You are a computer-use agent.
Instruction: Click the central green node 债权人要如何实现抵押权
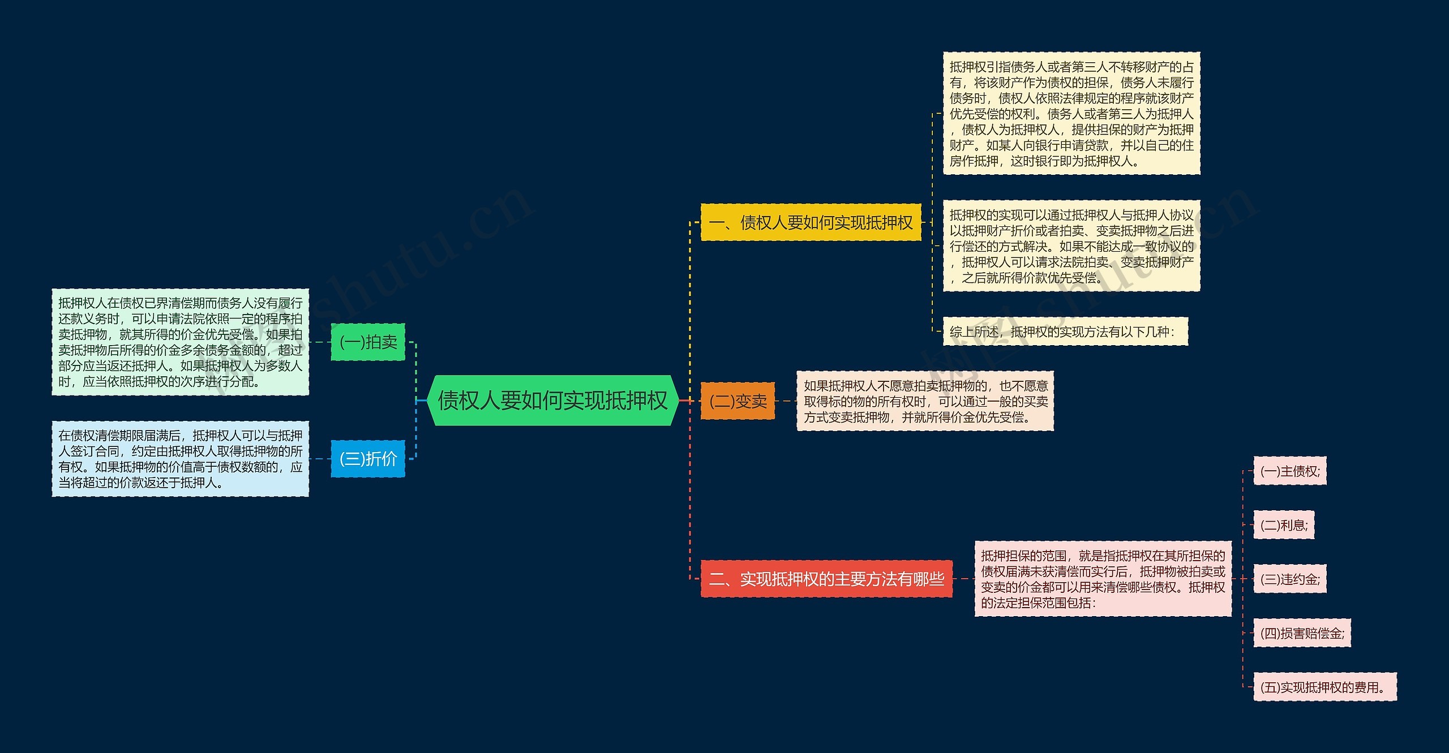552,401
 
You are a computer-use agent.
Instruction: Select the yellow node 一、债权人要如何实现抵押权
811,222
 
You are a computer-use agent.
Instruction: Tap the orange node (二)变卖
738,401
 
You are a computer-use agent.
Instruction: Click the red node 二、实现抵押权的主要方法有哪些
826,579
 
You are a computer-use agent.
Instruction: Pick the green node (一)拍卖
368,342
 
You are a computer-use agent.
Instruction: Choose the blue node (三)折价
368,458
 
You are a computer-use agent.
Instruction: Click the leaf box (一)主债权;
1289,471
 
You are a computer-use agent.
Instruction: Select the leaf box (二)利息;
1284,525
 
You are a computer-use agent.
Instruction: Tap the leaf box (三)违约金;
1289,579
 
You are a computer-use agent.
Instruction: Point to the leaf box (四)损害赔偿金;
1302,633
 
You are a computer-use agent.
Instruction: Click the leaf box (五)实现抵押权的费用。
1324,687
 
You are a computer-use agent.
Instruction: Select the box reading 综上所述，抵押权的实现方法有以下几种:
1065,332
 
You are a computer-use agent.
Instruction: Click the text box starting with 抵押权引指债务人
1071,113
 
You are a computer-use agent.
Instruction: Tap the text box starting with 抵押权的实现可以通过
1071,246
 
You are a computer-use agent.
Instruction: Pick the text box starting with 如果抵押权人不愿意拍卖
925,401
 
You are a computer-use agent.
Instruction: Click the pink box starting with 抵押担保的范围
1103,579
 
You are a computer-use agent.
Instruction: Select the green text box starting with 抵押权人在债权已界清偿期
180,342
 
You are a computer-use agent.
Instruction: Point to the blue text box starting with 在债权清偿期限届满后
180,458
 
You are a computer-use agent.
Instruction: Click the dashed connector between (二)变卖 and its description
786,401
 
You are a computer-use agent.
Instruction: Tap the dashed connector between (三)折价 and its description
320,459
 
